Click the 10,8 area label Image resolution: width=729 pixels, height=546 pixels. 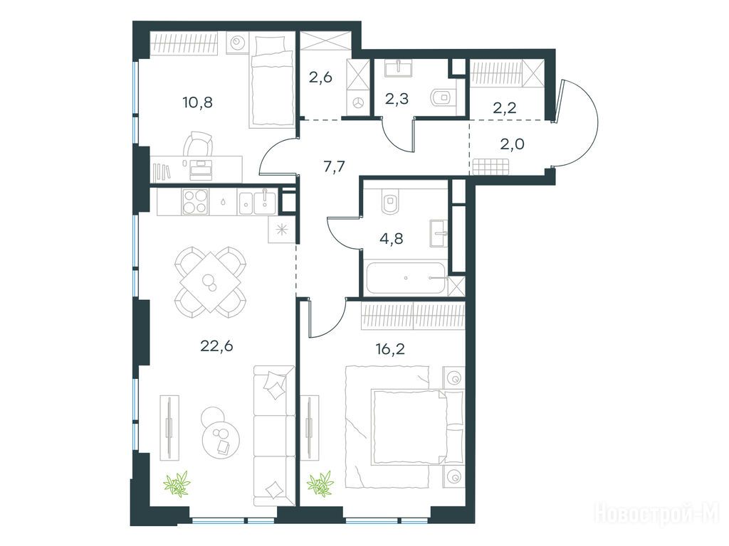click(198, 102)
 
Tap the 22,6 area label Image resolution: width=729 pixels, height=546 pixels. click(216, 346)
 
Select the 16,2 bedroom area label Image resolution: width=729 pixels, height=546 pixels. click(389, 348)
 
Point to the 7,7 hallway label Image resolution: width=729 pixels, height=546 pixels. click(334, 166)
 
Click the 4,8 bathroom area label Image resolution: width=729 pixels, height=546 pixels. click(392, 239)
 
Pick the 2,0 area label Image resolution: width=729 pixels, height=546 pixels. click(512, 144)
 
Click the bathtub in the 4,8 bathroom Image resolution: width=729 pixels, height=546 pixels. click(405, 278)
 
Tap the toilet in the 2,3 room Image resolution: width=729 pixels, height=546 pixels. click(441, 97)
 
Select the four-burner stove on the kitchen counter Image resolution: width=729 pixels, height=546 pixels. click(195, 202)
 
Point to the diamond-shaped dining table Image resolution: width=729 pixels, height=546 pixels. click(210, 282)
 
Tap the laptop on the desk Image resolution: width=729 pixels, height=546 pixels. click(201, 169)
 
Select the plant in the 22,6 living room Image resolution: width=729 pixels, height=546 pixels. click(177, 483)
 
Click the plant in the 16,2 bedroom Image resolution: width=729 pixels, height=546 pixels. click(320, 483)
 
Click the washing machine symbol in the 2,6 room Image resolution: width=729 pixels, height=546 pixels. click(359, 102)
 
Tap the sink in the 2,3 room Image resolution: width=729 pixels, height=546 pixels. click(398, 68)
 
